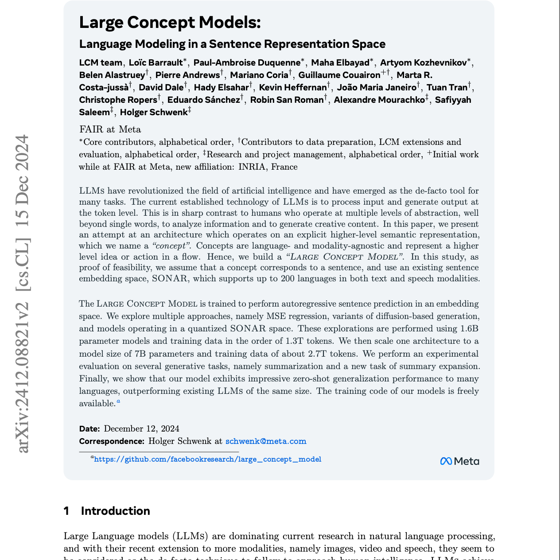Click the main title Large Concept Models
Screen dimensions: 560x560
(170, 23)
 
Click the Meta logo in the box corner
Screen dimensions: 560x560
(459, 461)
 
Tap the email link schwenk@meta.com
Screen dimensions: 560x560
(266, 441)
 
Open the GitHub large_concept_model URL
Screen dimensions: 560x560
(207, 459)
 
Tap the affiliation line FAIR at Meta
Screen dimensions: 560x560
(110, 129)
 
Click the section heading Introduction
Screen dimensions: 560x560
(115, 511)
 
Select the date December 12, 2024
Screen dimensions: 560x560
(141, 428)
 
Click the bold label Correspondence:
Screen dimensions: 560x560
(112, 441)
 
